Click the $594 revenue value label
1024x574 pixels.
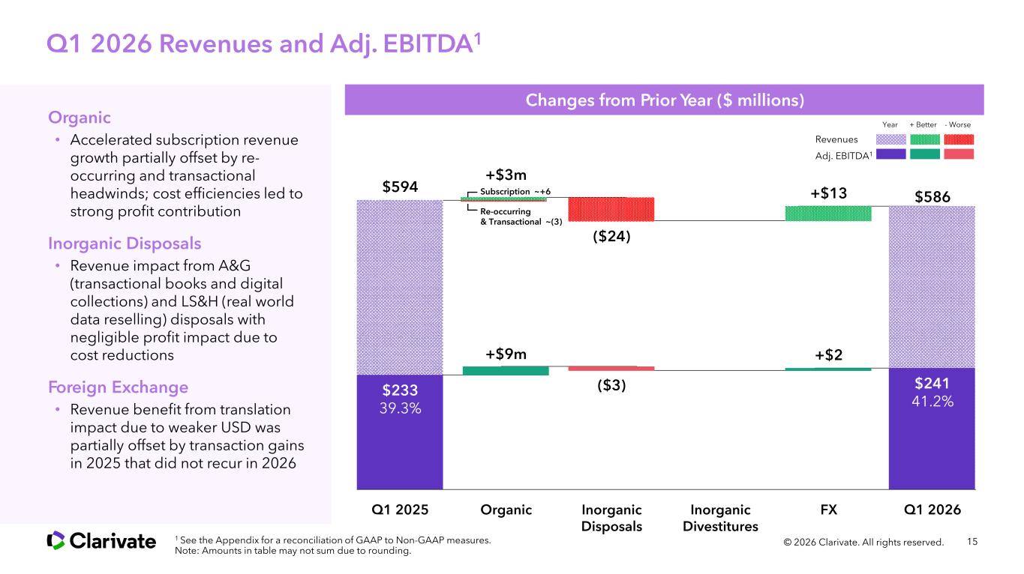coord(400,186)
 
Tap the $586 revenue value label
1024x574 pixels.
coord(932,196)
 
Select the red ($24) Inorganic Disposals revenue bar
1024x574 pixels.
coord(611,209)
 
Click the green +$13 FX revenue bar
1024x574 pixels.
coord(827,213)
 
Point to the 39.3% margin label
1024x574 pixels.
coord(400,409)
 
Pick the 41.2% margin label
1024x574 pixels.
coord(932,402)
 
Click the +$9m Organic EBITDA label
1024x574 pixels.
coord(506,354)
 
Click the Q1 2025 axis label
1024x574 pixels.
coord(400,510)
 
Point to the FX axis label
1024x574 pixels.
coord(828,510)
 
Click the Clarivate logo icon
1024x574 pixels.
coord(56,540)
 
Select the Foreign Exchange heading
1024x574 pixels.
coord(118,387)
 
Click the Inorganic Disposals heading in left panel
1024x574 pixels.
coord(125,244)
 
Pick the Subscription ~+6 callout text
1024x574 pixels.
coord(515,192)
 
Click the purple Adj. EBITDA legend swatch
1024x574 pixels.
coord(890,154)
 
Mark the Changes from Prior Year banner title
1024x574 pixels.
coord(664,100)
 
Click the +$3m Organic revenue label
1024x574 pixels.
coord(506,175)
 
